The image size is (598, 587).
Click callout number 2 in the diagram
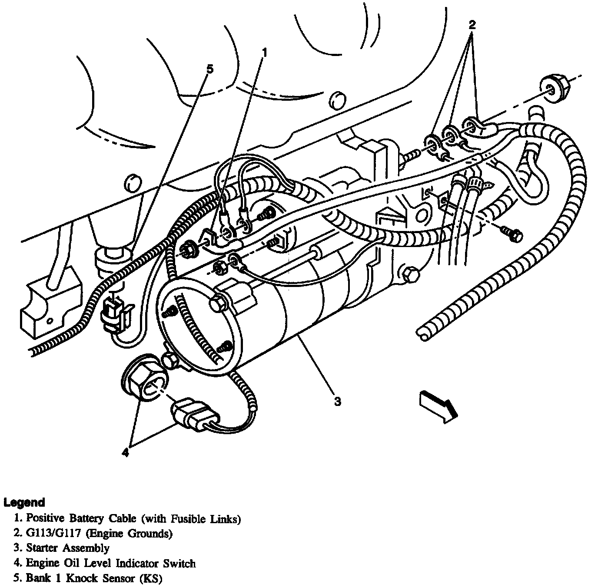472,25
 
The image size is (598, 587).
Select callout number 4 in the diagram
125,453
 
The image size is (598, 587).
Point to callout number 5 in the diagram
209,69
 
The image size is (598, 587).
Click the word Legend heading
24,502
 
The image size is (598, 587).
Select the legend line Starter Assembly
67,548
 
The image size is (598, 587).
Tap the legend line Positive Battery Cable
133,518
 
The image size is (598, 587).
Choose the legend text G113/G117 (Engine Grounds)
99,533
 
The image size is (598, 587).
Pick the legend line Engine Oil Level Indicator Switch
111,563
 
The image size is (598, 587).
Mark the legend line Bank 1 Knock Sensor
94,578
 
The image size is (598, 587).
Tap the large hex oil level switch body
144,382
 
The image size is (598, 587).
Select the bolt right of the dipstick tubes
513,233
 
